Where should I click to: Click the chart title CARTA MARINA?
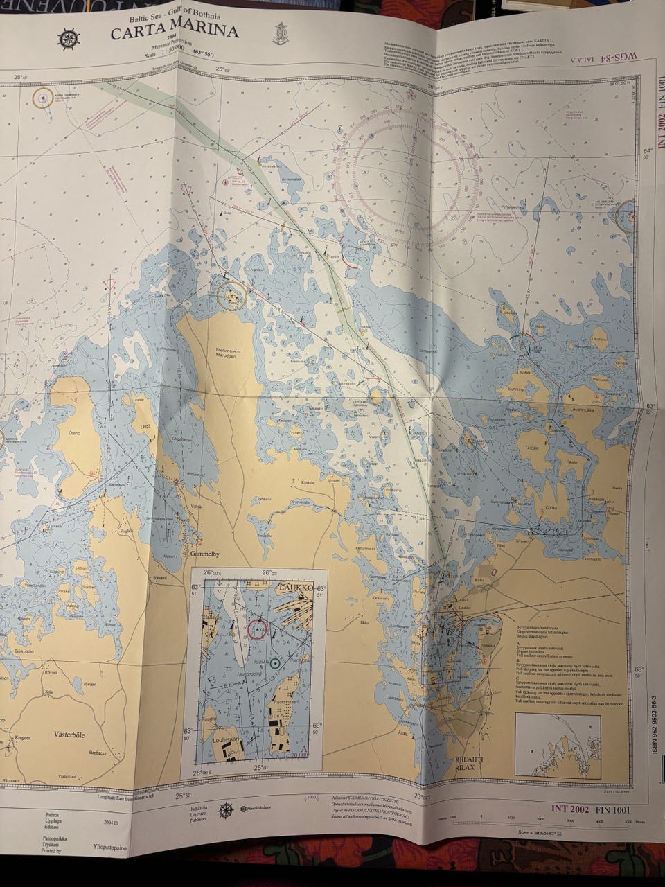pyautogui.click(x=175, y=31)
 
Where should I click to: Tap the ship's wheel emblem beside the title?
pyautogui.click(x=68, y=39)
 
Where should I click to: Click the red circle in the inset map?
pyautogui.click(x=257, y=629)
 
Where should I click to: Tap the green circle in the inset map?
pyautogui.click(x=275, y=663)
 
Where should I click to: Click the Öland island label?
pyautogui.click(x=73, y=434)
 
